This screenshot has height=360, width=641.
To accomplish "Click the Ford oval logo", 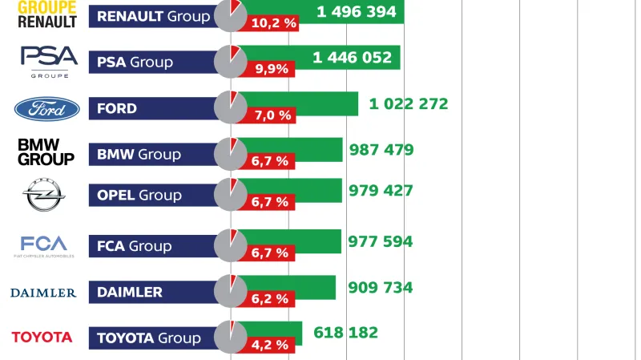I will point(47,108).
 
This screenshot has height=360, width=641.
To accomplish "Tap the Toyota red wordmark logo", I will point(42,338).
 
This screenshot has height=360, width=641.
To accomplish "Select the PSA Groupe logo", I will point(49,62).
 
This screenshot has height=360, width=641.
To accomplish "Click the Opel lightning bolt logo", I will point(45,194).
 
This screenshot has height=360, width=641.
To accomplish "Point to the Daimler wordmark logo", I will point(43,293).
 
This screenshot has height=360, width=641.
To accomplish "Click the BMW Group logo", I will point(46,152).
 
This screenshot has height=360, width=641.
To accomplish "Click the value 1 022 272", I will point(409,103).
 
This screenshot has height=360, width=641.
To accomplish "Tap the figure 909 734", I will point(381,287).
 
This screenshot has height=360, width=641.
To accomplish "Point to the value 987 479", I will point(381,149).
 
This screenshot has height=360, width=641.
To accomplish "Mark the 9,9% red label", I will point(271,69).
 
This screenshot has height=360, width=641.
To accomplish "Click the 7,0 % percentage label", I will point(271,115).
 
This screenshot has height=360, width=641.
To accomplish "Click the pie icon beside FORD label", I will point(231,108).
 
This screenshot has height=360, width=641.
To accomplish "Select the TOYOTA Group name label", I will point(148,338).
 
